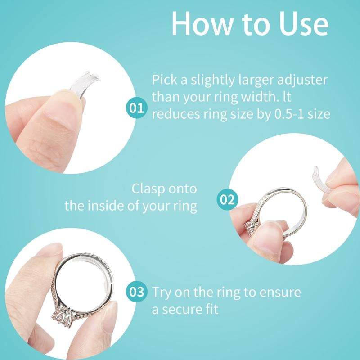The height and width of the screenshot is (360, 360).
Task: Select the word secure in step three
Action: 187,310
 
